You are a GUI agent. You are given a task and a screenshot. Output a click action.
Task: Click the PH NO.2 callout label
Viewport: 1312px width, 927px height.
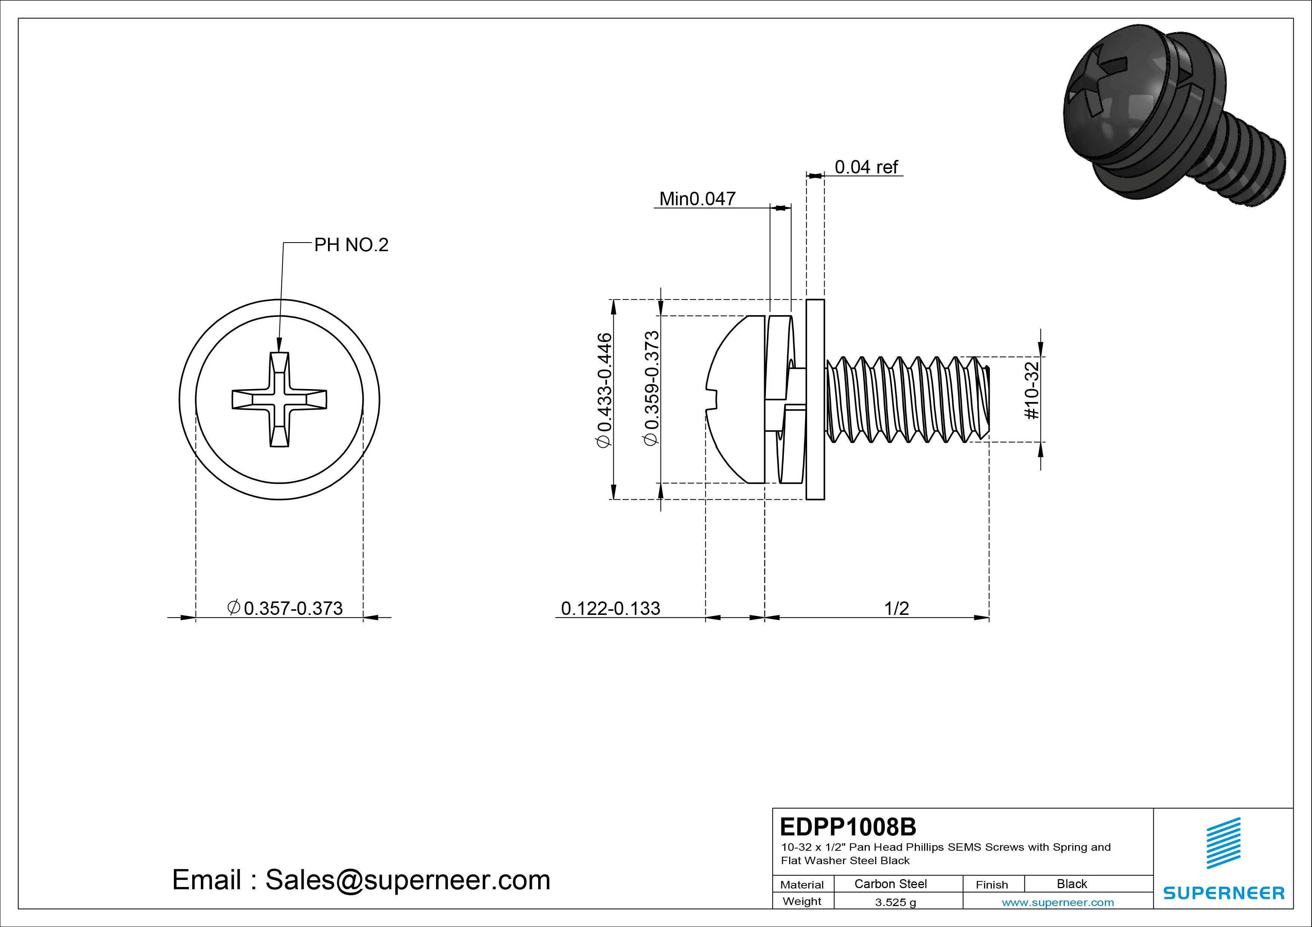click(351, 245)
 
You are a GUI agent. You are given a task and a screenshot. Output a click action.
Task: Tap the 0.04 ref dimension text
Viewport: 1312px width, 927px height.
click(866, 167)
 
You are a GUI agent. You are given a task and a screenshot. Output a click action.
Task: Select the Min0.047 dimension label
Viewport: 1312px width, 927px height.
click(697, 199)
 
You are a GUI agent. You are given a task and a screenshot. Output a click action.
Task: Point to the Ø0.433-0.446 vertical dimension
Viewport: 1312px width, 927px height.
click(604, 391)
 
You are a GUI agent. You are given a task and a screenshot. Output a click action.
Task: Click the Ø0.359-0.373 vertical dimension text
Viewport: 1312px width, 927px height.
click(652, 388)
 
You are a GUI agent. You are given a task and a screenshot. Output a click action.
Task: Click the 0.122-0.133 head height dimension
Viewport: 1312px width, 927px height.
click(610, 608)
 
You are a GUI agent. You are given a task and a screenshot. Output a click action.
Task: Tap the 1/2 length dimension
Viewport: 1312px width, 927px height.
click(896, 608)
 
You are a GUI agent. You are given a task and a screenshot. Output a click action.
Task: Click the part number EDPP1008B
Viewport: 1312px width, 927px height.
click(847, 826)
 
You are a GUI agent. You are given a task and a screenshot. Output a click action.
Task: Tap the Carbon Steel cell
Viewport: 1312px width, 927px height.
click(890, 884)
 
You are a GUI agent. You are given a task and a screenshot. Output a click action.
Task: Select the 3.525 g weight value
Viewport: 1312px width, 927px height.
click(895, 902)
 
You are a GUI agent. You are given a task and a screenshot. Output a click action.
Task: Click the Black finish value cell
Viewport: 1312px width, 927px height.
click(1072, 884)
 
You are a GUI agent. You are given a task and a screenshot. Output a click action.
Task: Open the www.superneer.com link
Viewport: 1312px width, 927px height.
click(1058, 902)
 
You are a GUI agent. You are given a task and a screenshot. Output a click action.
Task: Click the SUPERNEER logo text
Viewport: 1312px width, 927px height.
click(1223, 893)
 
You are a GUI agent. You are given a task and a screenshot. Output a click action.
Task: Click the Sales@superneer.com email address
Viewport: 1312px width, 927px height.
click(407, 880)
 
